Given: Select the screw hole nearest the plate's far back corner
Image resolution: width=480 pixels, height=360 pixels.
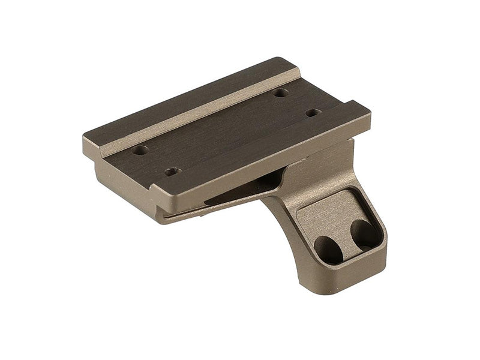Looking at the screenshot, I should click(280, 93).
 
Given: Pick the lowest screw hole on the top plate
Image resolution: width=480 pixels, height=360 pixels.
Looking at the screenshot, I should click(172, 172).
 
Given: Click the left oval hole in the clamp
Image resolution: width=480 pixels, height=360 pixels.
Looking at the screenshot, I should click(328, 248).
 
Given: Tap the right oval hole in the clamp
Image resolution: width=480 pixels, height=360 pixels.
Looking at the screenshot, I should click(364, 232).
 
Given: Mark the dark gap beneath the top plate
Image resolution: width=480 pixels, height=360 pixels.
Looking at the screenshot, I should click(240, 192).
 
